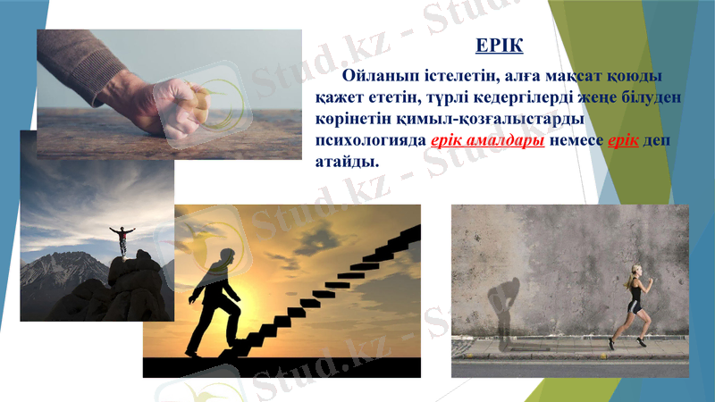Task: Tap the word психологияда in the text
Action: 369,142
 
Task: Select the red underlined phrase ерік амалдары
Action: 488,142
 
